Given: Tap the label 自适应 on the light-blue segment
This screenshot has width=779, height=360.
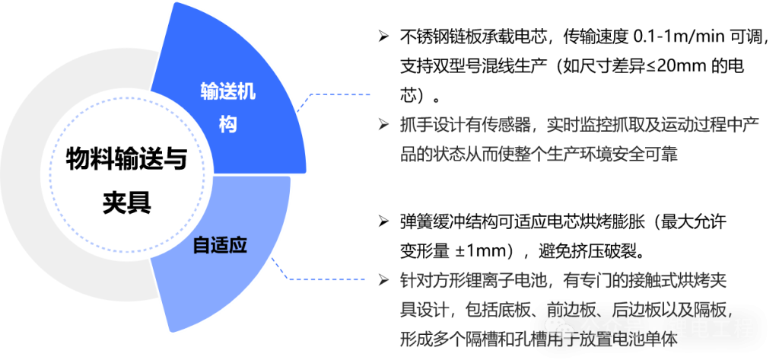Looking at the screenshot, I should tap(221, 246).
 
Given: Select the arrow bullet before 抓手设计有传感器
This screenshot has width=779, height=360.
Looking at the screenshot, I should tap(383, 124).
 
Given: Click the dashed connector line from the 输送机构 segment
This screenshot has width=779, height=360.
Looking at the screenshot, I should tap(335, 95).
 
